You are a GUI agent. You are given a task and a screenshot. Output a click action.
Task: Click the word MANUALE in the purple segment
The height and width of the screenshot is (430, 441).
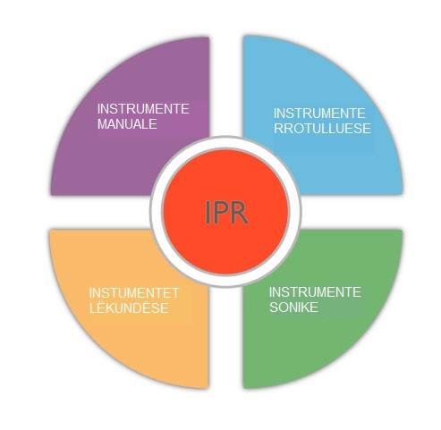tap(127, 124)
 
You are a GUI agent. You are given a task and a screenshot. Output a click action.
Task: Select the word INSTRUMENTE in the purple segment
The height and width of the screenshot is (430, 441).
tap(143, 109)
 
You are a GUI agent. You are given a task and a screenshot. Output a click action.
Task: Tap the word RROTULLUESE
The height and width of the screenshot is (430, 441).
tap(322, 129)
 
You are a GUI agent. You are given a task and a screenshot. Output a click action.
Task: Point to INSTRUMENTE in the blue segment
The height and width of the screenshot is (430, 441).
tap(319, 114)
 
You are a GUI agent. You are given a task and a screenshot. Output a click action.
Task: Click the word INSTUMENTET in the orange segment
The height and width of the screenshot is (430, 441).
tap(134, 293)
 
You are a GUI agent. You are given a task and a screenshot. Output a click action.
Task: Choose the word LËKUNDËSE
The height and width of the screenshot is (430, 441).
tap(129, 308)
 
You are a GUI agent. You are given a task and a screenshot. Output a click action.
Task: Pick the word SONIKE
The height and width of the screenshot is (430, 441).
tap(293, 308)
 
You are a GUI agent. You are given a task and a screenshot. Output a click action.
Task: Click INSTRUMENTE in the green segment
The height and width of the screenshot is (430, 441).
tap(315, 292)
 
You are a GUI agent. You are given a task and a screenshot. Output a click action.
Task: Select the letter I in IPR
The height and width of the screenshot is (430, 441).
tap(208, 213)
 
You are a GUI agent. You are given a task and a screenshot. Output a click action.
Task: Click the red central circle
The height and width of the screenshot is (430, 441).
tap(225, 212)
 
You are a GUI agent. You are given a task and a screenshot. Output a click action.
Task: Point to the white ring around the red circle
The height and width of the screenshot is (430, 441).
tap(225, 142)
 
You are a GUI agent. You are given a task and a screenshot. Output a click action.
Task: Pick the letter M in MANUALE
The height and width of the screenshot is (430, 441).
tap(102, 124)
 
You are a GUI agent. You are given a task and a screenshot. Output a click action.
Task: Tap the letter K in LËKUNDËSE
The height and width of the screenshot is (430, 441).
tap(115, 308)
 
